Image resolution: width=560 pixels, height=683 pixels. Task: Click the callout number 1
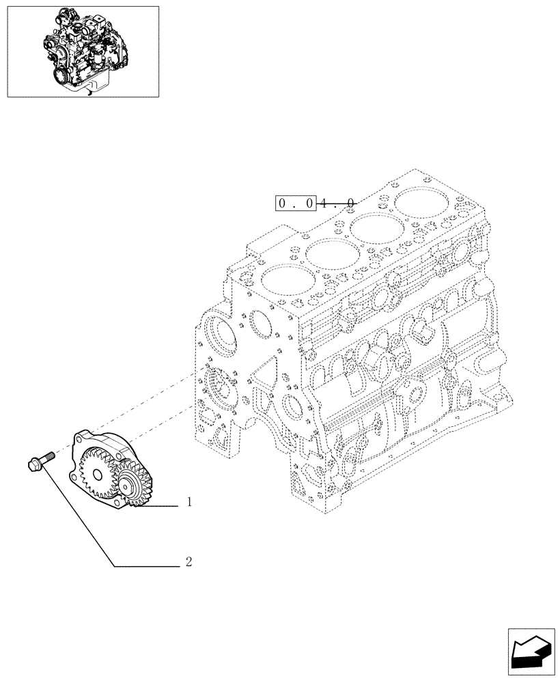pos(188,503)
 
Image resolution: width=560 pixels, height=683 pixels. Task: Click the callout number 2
pos(188,563)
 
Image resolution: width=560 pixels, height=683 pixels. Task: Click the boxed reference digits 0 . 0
pos(296,204)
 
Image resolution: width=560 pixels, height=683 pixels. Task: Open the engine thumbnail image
pos(83,51)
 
